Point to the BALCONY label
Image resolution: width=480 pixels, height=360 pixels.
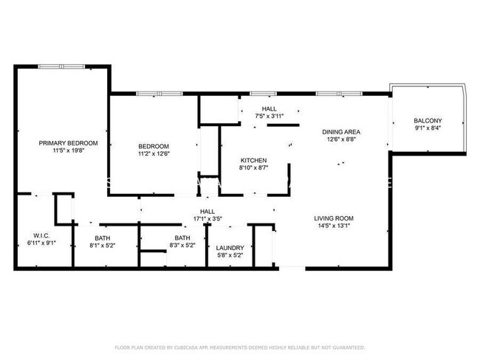[428, 121]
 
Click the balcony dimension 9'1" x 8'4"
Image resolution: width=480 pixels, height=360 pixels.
[428, 128]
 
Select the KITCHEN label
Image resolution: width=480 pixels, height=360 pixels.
[253, 160]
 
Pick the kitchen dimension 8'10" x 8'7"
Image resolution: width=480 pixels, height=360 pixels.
[253, 168]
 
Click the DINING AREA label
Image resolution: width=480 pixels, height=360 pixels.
[341, 132]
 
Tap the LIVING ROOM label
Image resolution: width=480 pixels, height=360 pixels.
[334, 218]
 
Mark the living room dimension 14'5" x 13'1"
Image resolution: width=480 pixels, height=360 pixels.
[334, 226]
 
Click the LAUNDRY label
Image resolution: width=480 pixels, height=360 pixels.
[230, 248]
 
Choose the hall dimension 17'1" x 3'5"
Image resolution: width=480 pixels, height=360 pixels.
[208, 219]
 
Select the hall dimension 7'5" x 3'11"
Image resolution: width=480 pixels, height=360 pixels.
[269, 116]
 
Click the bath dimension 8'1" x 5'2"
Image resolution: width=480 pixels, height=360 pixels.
[103, 246]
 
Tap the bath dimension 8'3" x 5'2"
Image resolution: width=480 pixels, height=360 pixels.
[182, 246]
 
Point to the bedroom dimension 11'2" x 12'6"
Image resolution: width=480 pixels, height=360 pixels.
[154, 154]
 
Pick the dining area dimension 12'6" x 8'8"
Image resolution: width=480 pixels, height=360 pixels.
[341, 140]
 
